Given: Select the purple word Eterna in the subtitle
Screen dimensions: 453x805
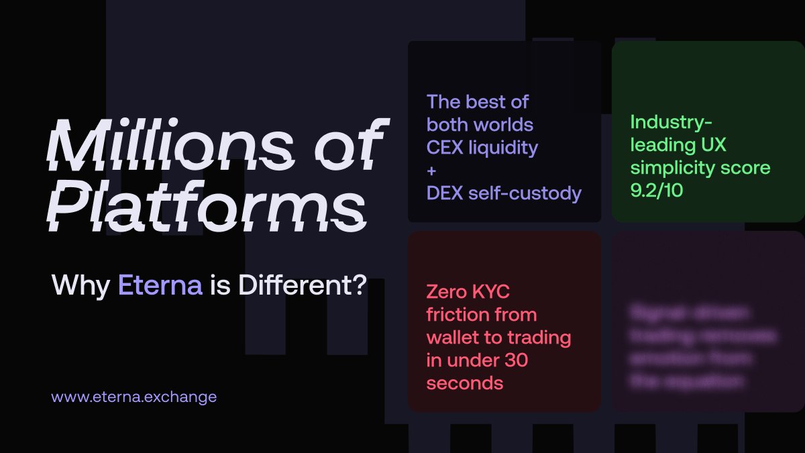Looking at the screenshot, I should pos(160,285).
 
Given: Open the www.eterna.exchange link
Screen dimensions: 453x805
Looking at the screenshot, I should pos(134,397).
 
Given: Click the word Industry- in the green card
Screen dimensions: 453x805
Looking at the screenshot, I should pos(672,122).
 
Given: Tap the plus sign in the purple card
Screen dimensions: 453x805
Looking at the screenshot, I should pos(431,170).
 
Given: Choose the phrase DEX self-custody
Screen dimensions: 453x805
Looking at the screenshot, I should pos(504,193).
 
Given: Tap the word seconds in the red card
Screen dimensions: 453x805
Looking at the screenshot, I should pos(464,383).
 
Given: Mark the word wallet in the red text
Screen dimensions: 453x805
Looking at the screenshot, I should pos(452,338).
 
